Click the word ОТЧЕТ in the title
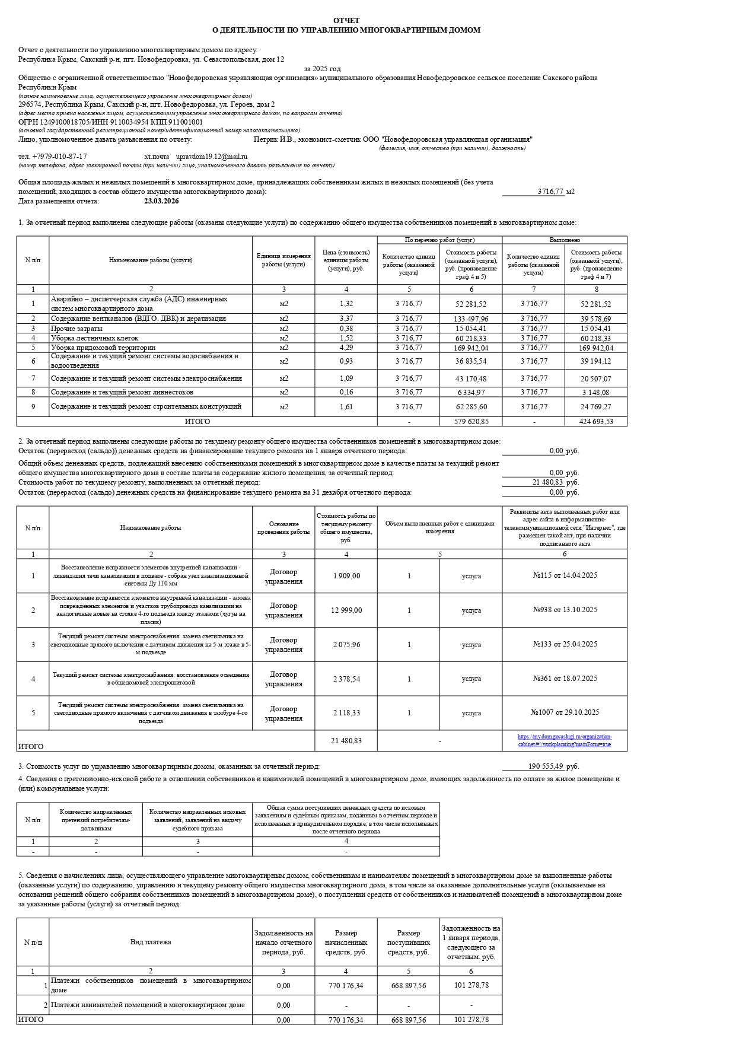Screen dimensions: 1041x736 click(346, 20)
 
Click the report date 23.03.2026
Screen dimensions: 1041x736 click(161, 201)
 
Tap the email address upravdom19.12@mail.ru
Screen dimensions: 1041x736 click(212, 157)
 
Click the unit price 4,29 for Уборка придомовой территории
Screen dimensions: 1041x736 click(346, 348)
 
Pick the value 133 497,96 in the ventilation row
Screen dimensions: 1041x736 click(471, 319)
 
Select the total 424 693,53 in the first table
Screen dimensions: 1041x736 click(596, 422)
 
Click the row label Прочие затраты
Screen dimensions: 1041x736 click(77, 329)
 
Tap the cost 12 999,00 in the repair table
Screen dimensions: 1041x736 click(346, 610)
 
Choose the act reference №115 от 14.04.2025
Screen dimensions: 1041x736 click(565, 576)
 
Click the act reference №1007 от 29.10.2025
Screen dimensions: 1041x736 click(565, 712)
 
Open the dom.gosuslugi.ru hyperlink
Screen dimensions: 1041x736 click(565, 740)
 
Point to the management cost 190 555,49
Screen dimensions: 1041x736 click(546, 766)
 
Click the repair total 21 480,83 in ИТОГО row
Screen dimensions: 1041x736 click(346, 741)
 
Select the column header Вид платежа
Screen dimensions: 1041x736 click(151, 942)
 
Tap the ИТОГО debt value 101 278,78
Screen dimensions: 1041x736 click(471, 1020)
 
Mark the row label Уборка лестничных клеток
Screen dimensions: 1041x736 click(94, 338)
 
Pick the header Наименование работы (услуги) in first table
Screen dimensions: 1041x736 click(151, 260)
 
